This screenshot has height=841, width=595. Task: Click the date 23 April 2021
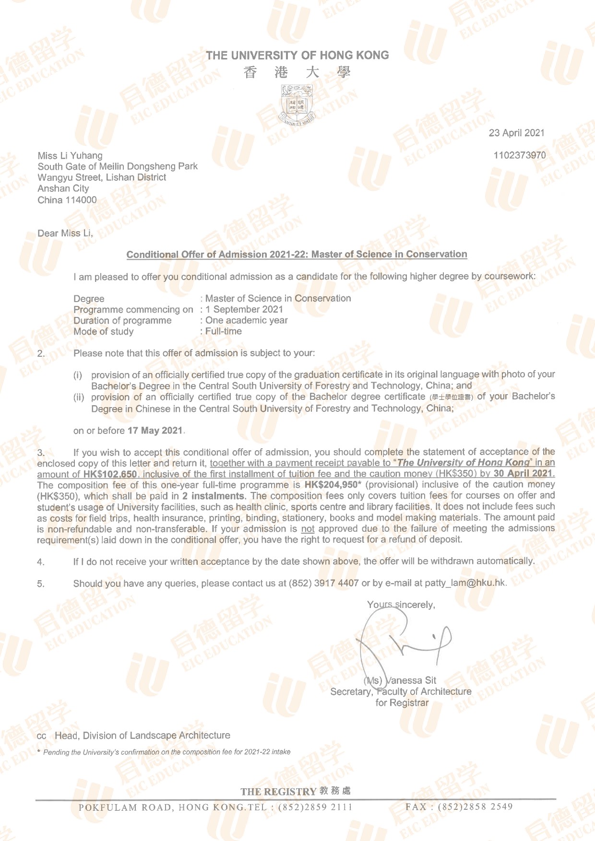pyautogui.click(x=516, y=133)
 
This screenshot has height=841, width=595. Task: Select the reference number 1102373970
pyautogui.click(x=519, y=155)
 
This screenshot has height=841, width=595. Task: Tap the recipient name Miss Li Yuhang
pyautogui.click(x=70, y=155)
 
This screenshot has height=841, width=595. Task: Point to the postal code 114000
pyautogui.click(x=81, y=200)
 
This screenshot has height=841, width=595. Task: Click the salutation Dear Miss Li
pyautogui.click(x=65, y=234)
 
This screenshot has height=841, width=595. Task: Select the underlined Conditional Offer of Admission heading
pyautogui.click(x=297, y=254)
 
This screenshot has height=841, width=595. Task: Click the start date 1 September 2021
pyautogui.click(x=244, y=309)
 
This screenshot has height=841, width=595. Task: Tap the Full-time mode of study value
pyautogui.click(x=224, y=331)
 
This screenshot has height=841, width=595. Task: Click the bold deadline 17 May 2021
pyautogui.click(x=155, y=431)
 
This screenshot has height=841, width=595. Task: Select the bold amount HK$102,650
pyautogui.click(x=110, y=474)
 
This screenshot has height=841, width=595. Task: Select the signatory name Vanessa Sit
pyautogui.click(x=411, y=680)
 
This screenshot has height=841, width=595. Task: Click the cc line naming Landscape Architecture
pyautogui.click(x=142, y=736)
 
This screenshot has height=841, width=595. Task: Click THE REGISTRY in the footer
pyautogui.click(x=278, y=792)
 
